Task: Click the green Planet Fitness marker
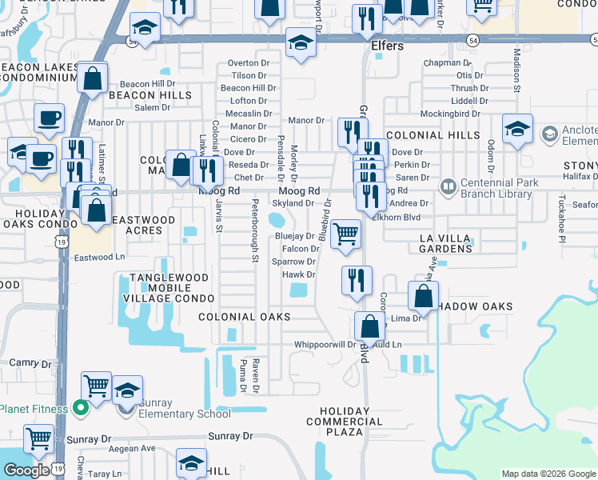tap(80, 408)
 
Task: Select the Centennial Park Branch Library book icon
tap(448, 187)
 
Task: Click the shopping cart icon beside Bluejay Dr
tap(345, 234)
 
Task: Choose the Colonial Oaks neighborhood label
tap(245, 317)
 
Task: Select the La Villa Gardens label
tap(446, 243)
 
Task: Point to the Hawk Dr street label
tap(299, 274)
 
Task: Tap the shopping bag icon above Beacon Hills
tap(94, 78)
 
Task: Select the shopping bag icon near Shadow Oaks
tap(423, 295)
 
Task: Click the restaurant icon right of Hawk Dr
tap(356, 279)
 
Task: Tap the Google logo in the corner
tap(26, 470)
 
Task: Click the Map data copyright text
tap(548, 474)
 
